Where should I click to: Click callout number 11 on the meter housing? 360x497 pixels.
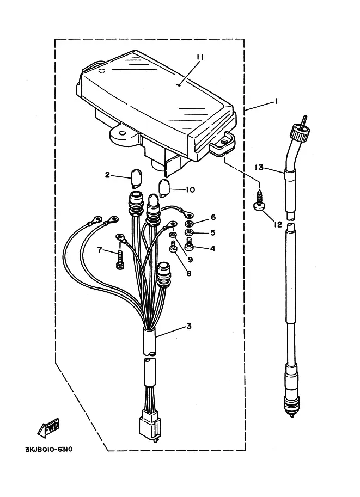coord(200,57)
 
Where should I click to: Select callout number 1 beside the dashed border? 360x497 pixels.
coord(276,101)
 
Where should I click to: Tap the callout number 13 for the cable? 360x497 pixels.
coord(259,167)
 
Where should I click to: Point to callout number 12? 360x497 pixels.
coord(278,224)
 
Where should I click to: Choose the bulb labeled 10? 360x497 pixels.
coord(164,188)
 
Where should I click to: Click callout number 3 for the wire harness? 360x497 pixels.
coord(189,326)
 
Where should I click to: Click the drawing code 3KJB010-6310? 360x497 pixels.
coord(49,450)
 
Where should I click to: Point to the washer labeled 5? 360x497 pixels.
coord(190,232)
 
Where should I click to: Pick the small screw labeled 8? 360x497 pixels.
coord(173,246)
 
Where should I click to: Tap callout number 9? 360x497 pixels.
coord(190,260)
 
